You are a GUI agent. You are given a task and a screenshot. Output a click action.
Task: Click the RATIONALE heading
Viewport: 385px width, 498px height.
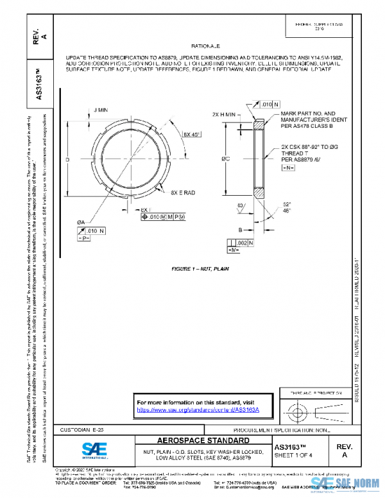[205, 47]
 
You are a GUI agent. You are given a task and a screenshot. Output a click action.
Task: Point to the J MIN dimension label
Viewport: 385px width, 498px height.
[102, 110]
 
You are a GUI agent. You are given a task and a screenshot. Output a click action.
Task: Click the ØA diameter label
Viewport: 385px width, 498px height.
[81, 222]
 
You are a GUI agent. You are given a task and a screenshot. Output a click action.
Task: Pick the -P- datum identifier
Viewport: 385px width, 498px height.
[83, 239]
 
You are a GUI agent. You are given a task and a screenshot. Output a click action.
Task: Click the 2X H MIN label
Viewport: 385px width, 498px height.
[225, 114]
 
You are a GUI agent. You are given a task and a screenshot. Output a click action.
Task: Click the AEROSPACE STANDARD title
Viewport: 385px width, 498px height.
[203, 442]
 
